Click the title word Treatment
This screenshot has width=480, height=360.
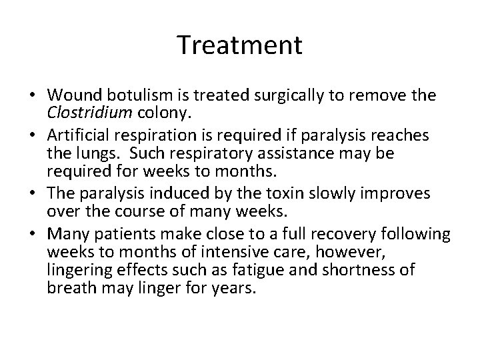point(240,45)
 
